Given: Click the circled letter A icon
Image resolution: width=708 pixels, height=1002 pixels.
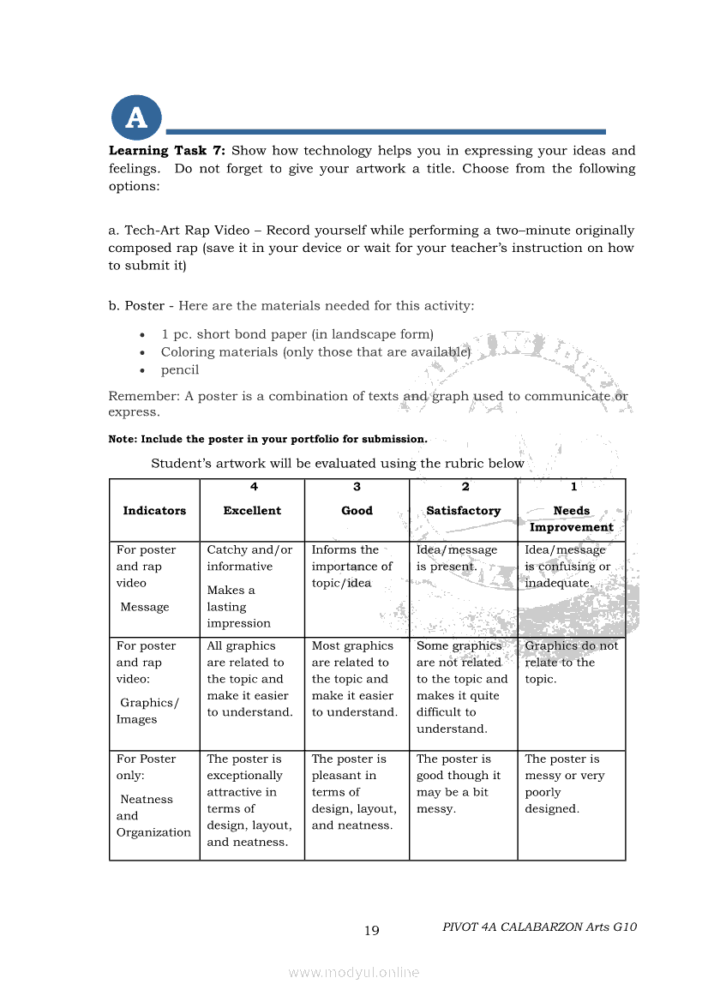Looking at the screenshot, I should coord(135,118).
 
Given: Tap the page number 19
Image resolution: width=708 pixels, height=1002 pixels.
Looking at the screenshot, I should coord(371,931).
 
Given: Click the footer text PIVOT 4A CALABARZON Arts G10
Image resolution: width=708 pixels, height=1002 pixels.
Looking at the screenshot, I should coord(539,927).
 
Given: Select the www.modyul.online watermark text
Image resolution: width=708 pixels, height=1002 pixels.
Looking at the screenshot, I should coord(354,973).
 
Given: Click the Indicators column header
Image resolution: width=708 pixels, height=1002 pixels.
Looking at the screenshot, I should coord(154,511).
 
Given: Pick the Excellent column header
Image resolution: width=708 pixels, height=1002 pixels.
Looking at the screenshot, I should coord(252,511).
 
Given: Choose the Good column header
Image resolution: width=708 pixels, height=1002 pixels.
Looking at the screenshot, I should coord(357,511).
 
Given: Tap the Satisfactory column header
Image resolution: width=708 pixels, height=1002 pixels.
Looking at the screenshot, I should coord(463,511).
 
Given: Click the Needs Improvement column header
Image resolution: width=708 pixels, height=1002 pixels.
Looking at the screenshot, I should coord(571,519).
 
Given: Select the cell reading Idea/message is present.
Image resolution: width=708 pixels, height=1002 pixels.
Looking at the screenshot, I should coord(457,558).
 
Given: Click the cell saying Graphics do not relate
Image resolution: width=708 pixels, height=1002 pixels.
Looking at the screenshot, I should coord(571,662).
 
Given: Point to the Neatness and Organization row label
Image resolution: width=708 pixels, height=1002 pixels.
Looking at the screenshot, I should coord(153,815).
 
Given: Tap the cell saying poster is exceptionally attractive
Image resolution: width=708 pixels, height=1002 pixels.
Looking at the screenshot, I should coord(249,801).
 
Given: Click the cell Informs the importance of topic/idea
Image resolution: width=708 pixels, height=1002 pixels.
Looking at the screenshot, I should coord(351,567).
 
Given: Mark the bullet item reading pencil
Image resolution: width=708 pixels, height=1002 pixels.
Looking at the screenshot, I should coord(180,370).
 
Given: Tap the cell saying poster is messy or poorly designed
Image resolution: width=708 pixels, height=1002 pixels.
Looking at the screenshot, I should coord(564,783).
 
